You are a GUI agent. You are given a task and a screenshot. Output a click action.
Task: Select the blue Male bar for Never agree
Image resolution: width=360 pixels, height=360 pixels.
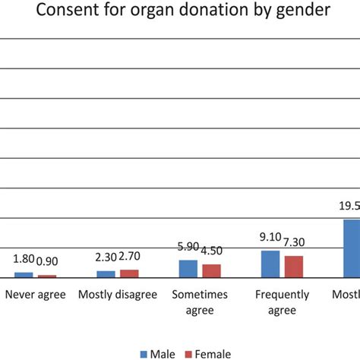tap(24, 275)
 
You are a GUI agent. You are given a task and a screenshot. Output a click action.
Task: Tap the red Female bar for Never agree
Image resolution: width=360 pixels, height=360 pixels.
tap(47, 276)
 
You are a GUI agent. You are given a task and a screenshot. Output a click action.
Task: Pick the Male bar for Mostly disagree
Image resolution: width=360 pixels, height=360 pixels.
tap(106, 274)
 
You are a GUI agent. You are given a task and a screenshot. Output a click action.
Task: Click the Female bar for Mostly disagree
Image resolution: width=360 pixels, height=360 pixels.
tap(130, 273)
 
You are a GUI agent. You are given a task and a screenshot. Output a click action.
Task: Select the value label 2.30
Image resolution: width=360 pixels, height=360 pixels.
tap(106, 257)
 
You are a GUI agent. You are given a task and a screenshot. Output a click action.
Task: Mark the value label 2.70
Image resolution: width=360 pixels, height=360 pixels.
tap(129, 257)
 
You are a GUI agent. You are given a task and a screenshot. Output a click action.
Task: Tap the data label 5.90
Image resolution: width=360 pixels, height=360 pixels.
tap(189, 247)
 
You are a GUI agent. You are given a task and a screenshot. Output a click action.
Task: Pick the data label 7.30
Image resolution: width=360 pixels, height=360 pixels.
tap(295, 242)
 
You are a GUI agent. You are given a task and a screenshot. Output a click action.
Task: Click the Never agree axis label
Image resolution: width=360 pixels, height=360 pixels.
tap(36, 295)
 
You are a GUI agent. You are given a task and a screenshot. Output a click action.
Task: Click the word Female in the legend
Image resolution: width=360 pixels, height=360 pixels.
tap(213, 354)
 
